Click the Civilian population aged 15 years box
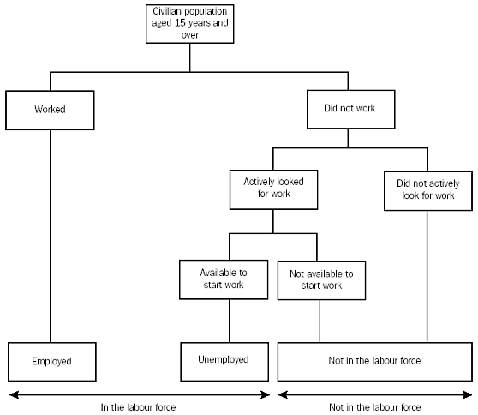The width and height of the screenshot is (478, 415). [189, 23]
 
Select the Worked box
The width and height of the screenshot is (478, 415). [51, 110]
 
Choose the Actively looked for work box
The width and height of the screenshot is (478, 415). [273, 189]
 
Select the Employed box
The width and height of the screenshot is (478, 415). [51, 361]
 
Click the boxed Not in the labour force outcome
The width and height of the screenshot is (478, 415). [374, 361]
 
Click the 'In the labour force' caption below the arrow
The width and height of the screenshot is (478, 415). [139, 406]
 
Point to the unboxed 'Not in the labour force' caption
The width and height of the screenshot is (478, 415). [374, 406]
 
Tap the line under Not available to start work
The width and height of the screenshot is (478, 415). [320, 321]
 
